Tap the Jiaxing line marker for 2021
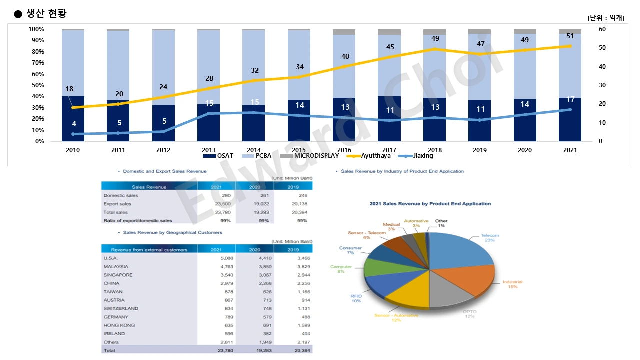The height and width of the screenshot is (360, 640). click(569, 110)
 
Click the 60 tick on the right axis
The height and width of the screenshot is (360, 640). click(602, 29)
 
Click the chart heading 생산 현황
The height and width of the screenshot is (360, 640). click(46, 14)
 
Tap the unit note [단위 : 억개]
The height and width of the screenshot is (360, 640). click(606, 18)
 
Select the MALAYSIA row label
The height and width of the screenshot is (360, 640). click(116, 267)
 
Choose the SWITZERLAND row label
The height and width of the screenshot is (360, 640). click(121, 309)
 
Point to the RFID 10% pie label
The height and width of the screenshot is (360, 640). click(356, 299)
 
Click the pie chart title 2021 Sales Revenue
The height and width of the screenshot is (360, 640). click(430, 204)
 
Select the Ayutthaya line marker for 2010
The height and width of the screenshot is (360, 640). click(73, 107)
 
